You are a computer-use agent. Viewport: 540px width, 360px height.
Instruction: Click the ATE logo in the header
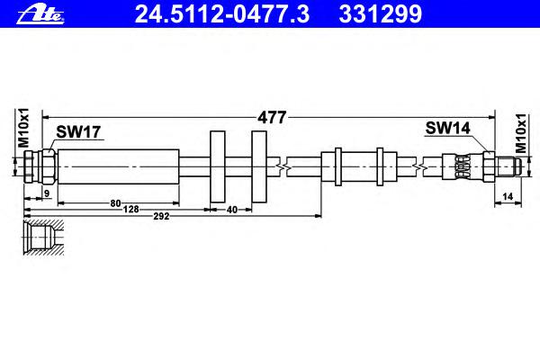[x=40, y=14]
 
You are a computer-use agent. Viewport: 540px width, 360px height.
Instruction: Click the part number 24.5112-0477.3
[x=222, y=14]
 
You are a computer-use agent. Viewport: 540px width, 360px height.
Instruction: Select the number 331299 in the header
[x=380, y=14]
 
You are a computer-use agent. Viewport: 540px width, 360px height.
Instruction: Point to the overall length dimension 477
[x=272, y=118]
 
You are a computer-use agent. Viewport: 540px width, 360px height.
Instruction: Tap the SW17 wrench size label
[x=78, y=131]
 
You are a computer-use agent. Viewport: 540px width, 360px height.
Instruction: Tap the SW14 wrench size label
[x=447, y=128]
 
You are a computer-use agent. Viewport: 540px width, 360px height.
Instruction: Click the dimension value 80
[x=116, y=203]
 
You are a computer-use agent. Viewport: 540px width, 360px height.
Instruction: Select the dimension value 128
[x=131, y=209]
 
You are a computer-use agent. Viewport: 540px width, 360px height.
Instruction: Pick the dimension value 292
[x=161, y=216]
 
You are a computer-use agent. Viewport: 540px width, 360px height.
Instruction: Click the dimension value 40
[x=232, y=210]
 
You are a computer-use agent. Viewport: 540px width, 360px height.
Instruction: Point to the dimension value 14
[x=508, y=196]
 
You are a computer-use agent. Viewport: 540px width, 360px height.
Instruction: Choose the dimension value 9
[x=47, y=193]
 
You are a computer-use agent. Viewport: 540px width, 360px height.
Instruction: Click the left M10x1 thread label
[x=23, y=128]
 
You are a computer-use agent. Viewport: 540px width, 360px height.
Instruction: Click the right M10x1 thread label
[x=521, y=133]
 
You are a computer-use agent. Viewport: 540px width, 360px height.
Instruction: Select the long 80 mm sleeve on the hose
[x=119, y=166]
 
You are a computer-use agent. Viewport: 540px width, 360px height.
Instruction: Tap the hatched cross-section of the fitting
[x=43, y=238]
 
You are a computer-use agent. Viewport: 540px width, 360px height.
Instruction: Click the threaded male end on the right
[x=507, y=166]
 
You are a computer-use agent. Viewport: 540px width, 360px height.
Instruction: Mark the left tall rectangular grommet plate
[x=218, y=166]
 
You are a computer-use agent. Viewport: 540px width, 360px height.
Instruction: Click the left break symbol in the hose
[x=283, y=167]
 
